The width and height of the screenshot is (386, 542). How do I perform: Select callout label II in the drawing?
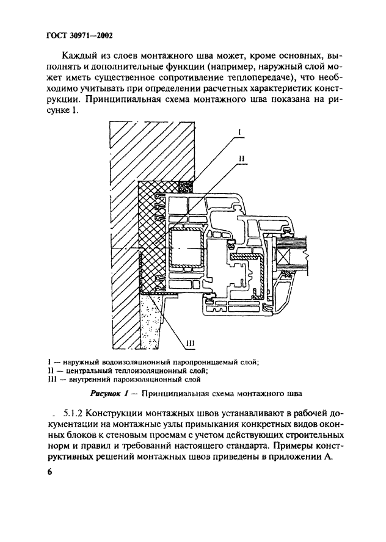pos(241,158)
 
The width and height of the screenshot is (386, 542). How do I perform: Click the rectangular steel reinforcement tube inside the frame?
pos(186,248)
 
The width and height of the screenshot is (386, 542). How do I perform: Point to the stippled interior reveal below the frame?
pos(155,320)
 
